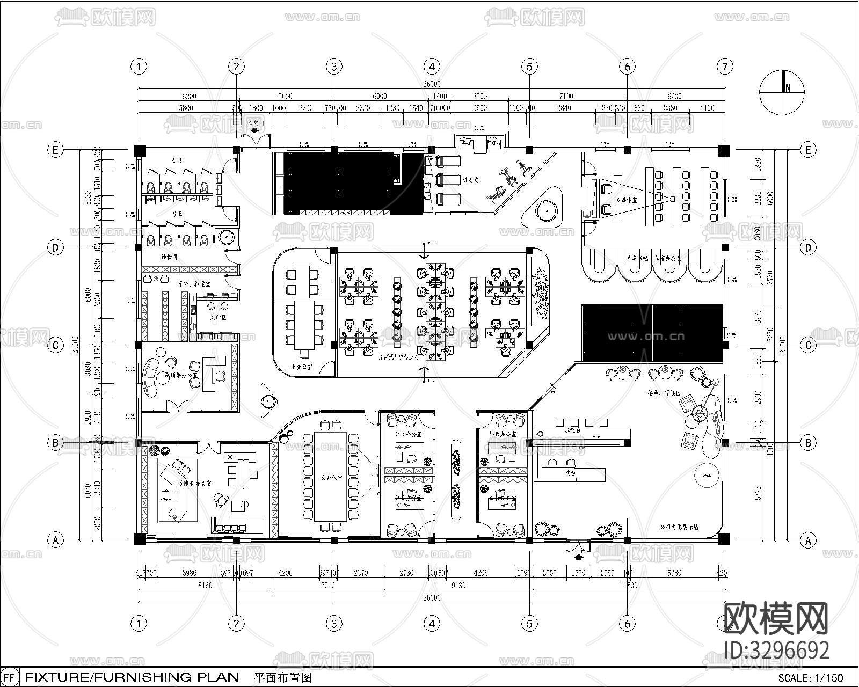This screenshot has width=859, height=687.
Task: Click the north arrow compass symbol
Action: click(x=782, y=92)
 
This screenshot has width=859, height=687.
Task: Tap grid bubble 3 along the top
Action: click(x=334, y=67)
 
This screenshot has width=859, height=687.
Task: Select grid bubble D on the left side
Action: click(x=55, y=247)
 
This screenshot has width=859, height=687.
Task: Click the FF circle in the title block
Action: click(x=11, y=677)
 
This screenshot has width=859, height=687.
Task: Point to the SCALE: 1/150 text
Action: click(x=811, y=677)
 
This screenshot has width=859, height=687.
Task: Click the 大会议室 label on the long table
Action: click(x=331, y=477)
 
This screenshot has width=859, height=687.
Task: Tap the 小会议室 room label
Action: click(x=302, y=367)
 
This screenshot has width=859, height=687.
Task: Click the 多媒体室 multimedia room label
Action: click(x=627, y=200)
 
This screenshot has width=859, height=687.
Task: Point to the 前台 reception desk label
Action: click(x=570, y=473)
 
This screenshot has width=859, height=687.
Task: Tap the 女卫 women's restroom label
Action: click(x=177, y=160)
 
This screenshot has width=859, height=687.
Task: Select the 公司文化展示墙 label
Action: click(x=679, y=527)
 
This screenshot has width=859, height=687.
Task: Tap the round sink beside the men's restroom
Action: click(x=225, y=236)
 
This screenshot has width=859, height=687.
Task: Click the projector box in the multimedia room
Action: click(x=671, y=199)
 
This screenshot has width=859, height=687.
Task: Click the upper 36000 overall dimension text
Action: click(x=431, y=84)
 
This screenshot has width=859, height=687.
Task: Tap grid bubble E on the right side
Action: click(x=808, y=150)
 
